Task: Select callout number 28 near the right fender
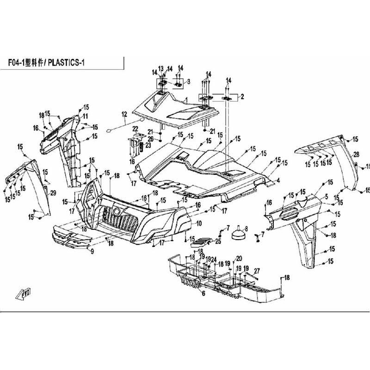pyautogui.click(x=357, y=154)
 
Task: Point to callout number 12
pyautogui.click(x=124, y=114)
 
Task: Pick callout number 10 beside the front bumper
pyautogui.click(x=199, y=223)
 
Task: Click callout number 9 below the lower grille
pyautogui.click(x=92, y=251)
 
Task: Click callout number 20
pyautogui.click(x=239, y=258)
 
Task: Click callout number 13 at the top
pyautogui.click(x=161, y=68)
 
